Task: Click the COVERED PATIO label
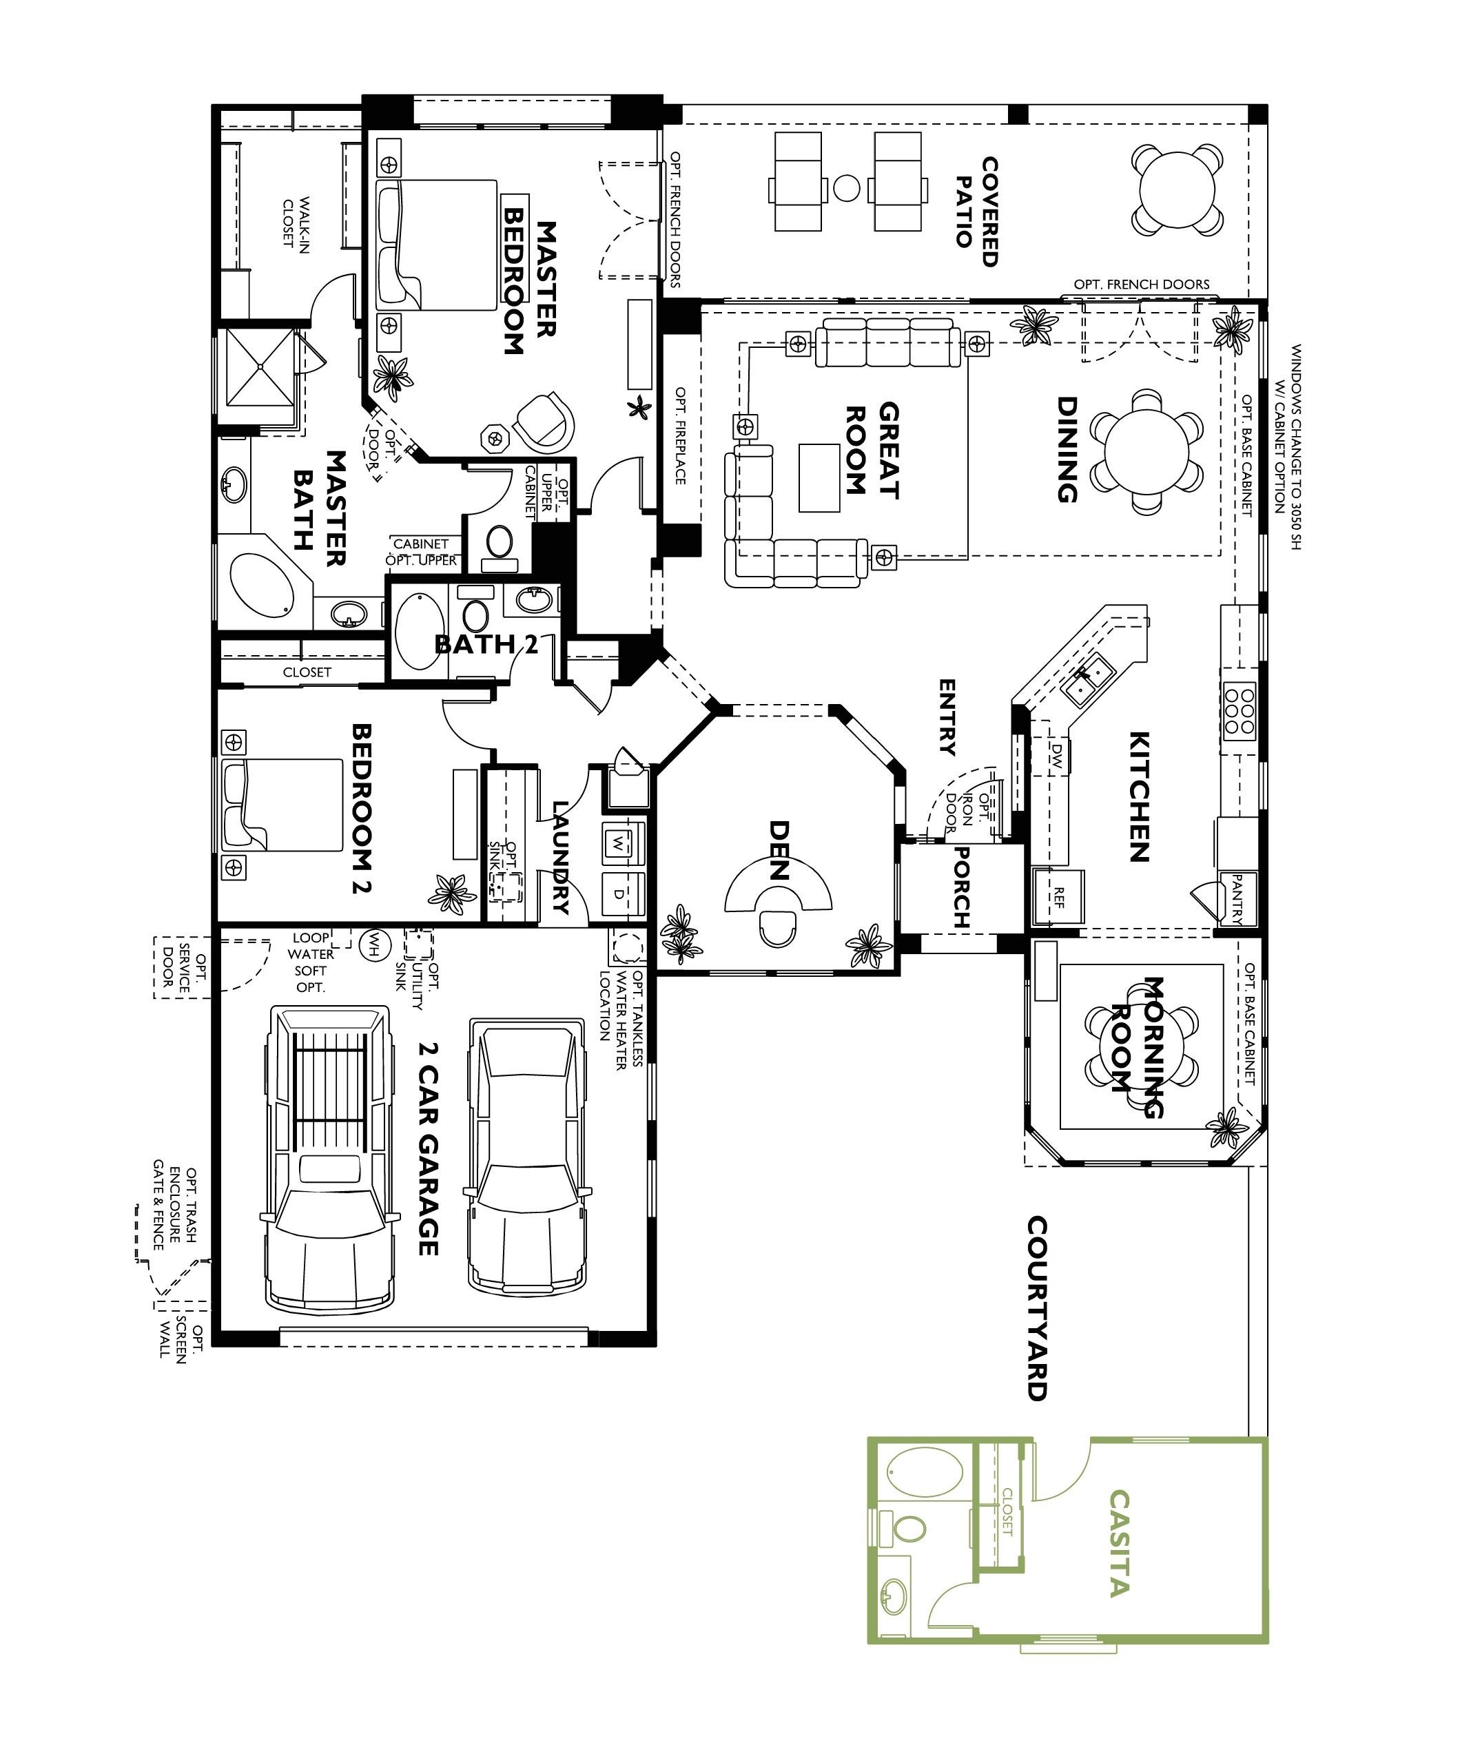click(x=977, y=211)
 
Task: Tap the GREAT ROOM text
click(x=872, y=451)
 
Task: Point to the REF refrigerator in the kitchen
click(x=1058, y=897)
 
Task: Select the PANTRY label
click(x=1237, y=899)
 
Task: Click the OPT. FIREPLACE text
click(x=680, y=435)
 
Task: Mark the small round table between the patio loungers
click(x=846, y=187)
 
